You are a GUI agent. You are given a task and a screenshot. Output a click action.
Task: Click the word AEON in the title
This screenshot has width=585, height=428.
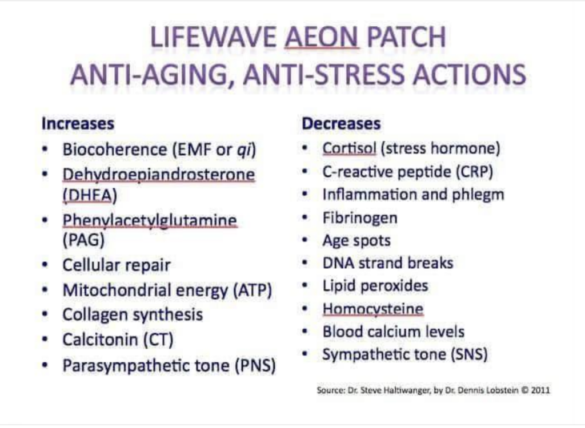[x=322, y=37]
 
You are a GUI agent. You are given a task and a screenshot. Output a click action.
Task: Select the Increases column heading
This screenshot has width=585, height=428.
[x=78, y=123]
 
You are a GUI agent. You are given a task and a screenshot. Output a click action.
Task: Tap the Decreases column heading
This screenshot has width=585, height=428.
[x=341, y=123]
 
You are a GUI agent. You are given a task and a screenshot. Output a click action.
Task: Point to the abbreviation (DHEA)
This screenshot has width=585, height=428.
[x=90, y=195]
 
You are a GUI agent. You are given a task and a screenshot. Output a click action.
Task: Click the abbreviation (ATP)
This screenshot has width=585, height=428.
[x=253, y=290]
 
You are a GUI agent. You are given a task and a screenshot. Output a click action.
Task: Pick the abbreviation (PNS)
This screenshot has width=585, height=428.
[x=255, y=365]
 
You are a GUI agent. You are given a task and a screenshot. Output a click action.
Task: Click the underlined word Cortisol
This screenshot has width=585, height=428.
[x=349, y=148]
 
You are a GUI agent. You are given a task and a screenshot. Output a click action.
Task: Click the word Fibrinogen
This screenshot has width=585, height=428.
[x=360, y=218]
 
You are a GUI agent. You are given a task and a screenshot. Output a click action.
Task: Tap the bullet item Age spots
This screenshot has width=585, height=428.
[x=356, y=241]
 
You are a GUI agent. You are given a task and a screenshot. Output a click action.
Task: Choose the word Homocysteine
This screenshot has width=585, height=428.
[x=373, y=309]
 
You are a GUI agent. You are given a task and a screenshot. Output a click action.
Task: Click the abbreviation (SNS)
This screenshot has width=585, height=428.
[x=470, y=354]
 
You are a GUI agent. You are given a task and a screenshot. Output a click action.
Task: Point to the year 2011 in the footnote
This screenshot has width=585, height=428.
[x=540, y=390]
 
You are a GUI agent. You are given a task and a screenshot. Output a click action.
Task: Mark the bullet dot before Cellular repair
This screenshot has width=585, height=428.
[x=45, y=265]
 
